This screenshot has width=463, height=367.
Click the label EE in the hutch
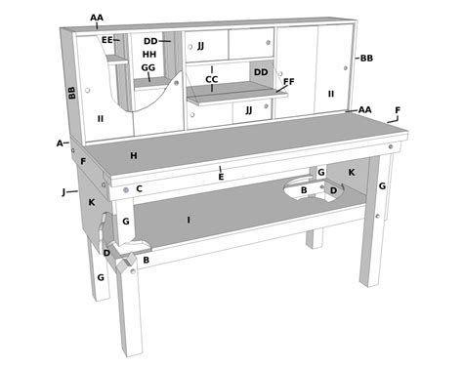tap(107, 40)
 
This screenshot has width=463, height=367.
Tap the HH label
tap(148, 55)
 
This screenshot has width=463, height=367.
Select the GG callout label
tap(148, 68)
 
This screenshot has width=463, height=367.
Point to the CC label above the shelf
tap(211, 79)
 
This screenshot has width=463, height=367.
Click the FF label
tap(288, 83)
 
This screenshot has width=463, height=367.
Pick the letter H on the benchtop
tap(133, 154)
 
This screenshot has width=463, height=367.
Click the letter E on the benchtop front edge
tap(221, 176)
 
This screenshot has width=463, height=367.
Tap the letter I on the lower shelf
tap(189, 220)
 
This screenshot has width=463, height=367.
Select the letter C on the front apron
tap(140, 188)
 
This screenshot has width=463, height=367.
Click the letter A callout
tap(60, 143)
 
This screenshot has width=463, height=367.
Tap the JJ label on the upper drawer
tap(200, 45)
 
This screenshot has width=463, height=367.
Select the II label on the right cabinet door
tap(331, 94)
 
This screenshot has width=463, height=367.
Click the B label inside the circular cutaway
tap(303, 189)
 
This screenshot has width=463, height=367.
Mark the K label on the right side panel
tap(352, 172)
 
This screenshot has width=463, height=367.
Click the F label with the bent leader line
tap(397, 110)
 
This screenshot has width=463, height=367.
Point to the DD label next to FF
tap(261, 72)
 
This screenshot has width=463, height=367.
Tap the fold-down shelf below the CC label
tap(234, 94)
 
